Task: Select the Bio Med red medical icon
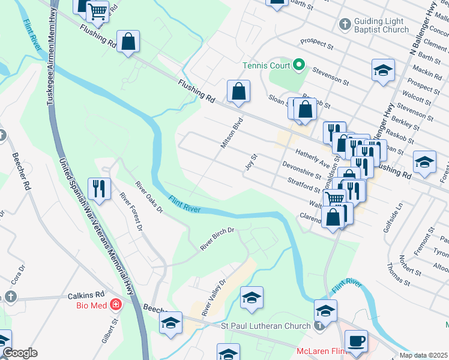tap(116, 305)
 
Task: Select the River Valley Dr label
tap(213, 297)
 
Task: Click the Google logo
tap(20, 353)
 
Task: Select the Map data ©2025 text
tap(423, 355)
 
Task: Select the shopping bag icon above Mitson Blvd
tap(238, 92)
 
